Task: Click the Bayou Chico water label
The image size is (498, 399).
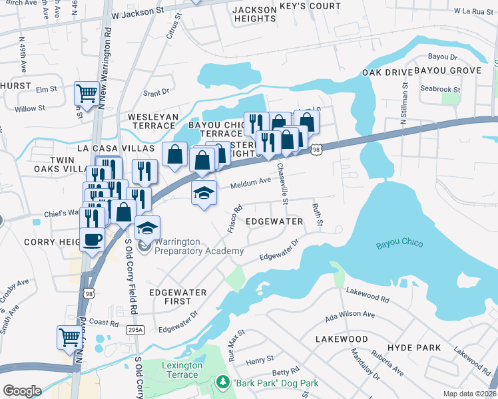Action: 399,242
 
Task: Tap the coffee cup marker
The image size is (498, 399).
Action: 91,238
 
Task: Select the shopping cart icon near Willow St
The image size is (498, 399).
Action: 86,93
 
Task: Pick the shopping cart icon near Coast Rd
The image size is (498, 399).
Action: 69,337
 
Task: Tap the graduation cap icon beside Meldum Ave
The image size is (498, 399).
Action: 204,193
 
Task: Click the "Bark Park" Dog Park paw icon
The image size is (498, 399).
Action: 223,383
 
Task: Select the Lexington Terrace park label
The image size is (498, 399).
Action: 180,370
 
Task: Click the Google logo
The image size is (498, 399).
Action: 22,390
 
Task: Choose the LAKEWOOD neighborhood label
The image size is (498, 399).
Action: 342,339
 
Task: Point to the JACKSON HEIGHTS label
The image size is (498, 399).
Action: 254,14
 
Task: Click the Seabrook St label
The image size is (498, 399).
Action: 440,89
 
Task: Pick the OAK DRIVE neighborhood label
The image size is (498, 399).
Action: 384,72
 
